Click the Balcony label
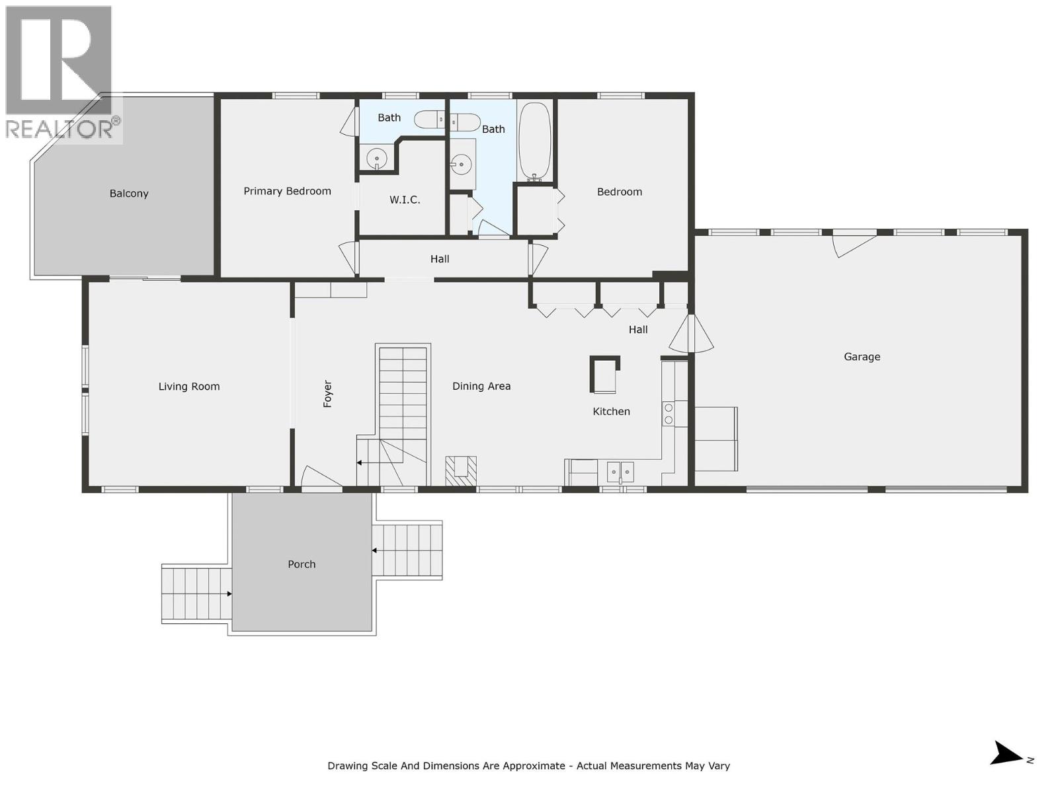coord(129,194)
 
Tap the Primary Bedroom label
coord(287,191)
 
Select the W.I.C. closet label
coord(404,200)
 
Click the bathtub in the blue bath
coord(534,142)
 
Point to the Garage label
coord(862,357)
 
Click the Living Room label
coord(188,387)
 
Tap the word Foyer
coord(327,394)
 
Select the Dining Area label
coord(481,387)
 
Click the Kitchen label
coord(611,412)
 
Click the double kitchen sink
coord(620,472)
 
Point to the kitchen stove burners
coord(669,414)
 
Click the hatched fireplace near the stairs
coord(460,471)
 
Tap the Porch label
coord(302,564)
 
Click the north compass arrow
coord(1008,753)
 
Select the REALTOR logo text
coord(60,129)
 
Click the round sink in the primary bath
coord(377,159)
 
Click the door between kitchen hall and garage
coord(691,334)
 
